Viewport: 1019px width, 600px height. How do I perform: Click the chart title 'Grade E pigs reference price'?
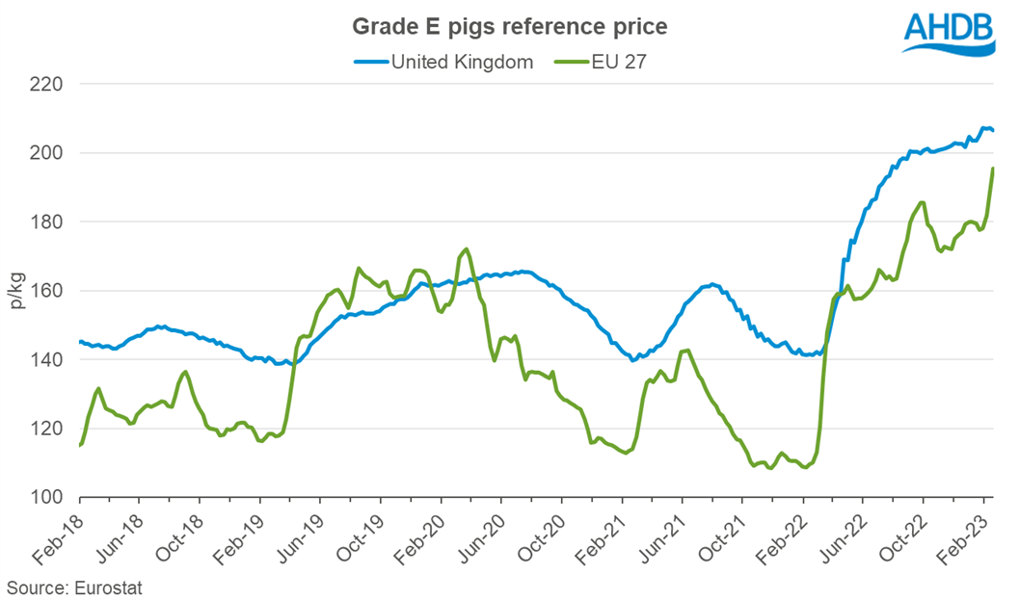pos(508,27)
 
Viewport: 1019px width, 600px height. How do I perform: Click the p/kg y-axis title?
pos(17,290)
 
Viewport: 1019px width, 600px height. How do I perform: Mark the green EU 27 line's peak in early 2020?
pos(467,248)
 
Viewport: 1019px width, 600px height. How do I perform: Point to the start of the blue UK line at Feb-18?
pos(80,342)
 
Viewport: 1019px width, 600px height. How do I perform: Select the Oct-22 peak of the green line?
pos(923,202)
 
